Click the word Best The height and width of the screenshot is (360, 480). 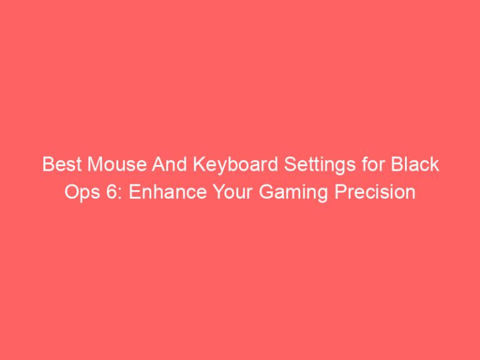(57, 166)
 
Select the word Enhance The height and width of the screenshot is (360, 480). (152, 192)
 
